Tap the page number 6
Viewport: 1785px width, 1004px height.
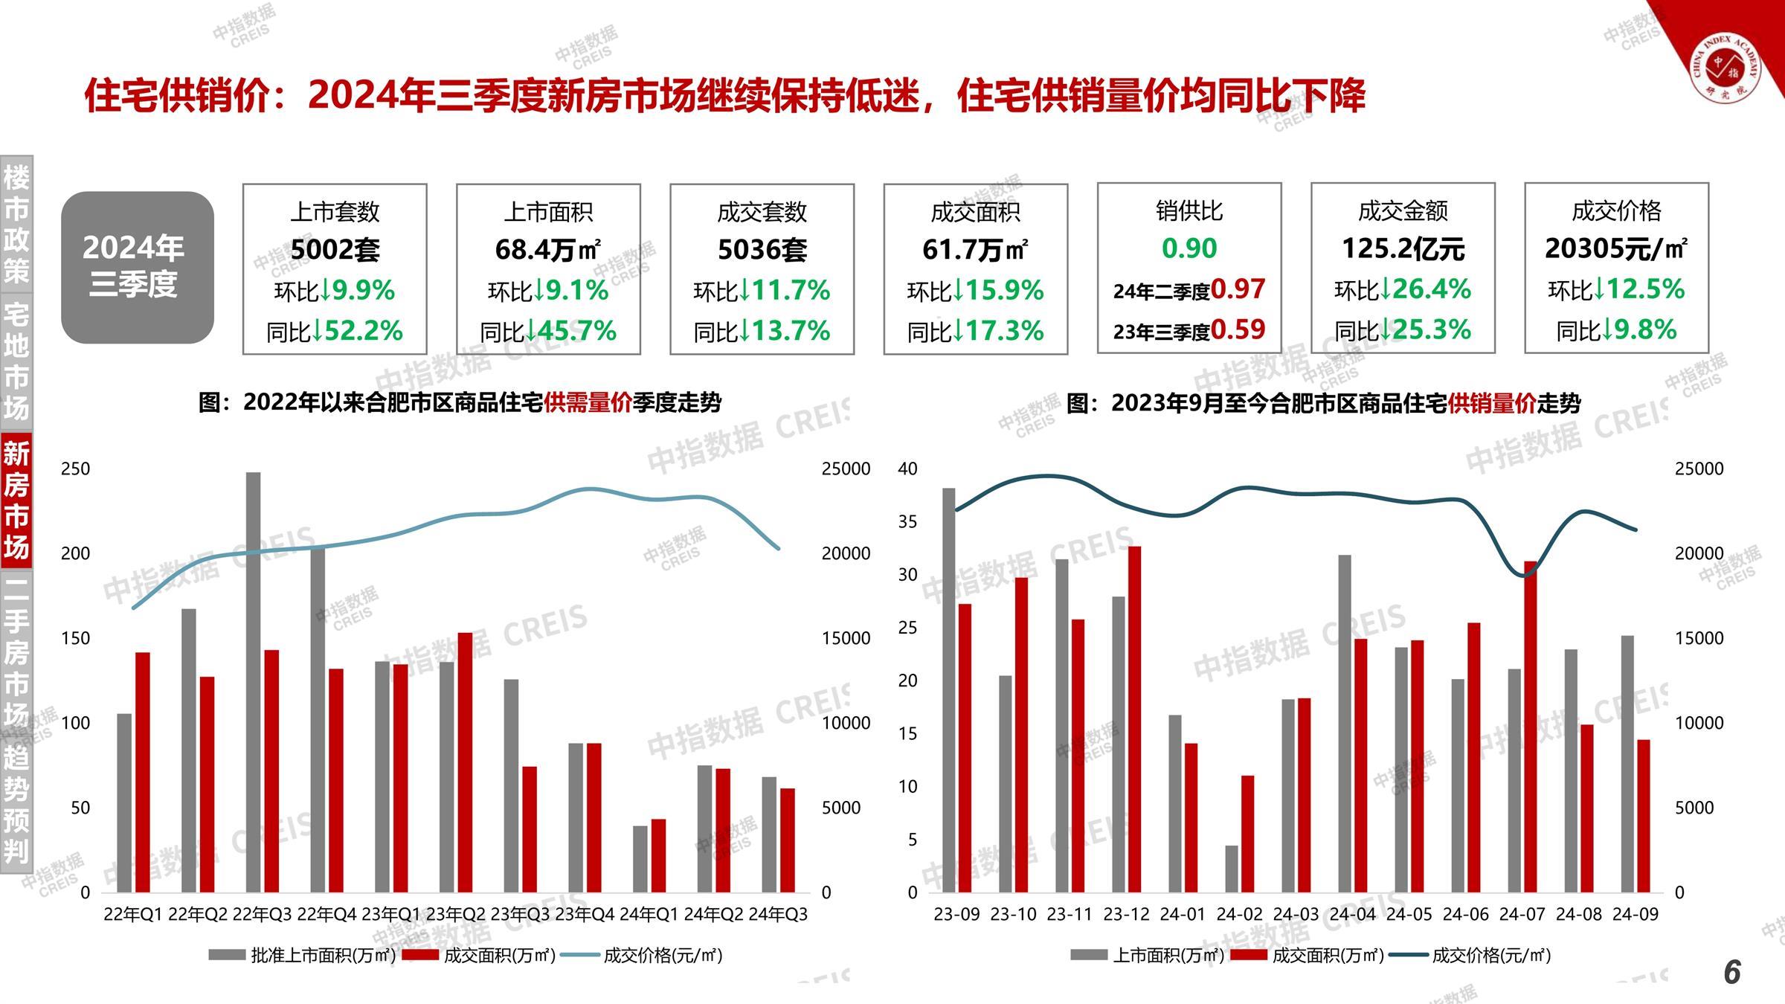point(1732,972)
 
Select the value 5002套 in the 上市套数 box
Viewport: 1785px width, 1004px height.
point(335,250)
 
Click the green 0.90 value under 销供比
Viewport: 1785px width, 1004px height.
point(1189,248)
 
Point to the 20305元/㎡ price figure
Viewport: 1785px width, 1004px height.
point(1615,248)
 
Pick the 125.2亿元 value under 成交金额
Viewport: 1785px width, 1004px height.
point(1402,249)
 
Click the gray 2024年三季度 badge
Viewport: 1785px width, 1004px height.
point(138,267)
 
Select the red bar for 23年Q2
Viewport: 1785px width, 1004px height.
point(465,762)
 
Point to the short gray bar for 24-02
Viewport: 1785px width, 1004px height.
point(1232,868)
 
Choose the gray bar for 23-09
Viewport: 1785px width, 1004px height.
point(949,689)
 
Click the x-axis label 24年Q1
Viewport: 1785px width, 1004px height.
point(649,914)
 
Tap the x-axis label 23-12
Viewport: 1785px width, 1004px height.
point(1126,914)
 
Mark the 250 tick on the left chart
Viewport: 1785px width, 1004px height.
point(75,469)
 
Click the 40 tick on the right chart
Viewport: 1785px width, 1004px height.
point(907,469)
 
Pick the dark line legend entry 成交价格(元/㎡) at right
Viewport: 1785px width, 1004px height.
point(1491,955)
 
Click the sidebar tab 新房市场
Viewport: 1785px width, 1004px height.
point(16,499)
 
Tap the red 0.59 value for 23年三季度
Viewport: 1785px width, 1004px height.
point(1238,329)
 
